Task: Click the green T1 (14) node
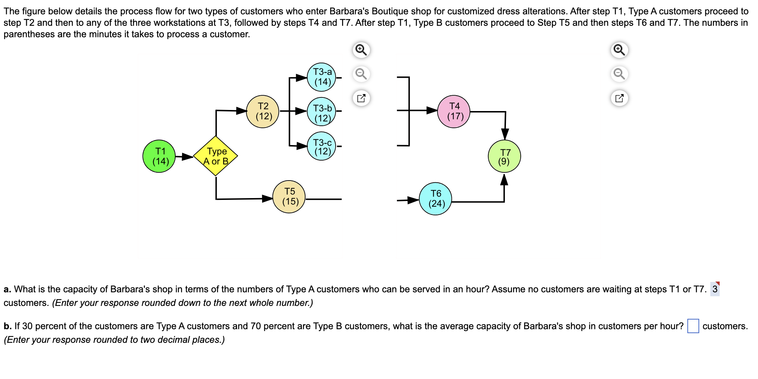click(159, 156)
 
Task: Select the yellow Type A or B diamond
click(215, 156)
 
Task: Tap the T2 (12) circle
click(263, 111)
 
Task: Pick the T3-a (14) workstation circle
click(322, 77)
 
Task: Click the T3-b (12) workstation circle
click(322, 112)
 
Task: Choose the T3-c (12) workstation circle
click(322, 146)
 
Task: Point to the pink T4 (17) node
click(454, 111)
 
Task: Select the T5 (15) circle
click(289, 197)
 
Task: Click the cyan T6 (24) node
click(435, 199)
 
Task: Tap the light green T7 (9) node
click(504, 157)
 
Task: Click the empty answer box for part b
click(693, 326)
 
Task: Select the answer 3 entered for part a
click(715, 289)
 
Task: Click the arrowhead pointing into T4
click(432, 110)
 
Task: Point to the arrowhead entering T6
click(413, 200)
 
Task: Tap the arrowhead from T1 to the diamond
click(188, 157)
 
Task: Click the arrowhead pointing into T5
click(267, 198)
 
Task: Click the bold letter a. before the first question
click(7, 289)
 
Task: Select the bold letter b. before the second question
click(7, 326)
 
